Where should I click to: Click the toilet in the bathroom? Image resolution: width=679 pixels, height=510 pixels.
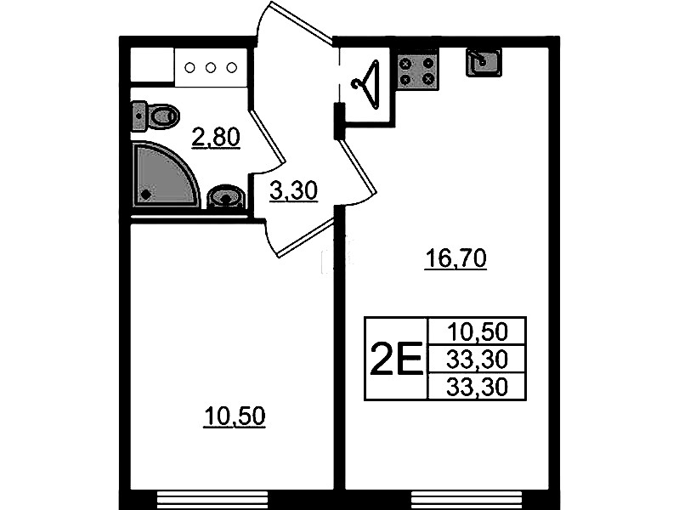(155, 116)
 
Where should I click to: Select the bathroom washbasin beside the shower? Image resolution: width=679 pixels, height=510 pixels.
(226, 197)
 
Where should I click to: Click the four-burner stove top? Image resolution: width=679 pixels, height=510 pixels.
(417, 71)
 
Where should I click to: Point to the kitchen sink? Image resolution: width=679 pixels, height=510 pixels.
(484, 62)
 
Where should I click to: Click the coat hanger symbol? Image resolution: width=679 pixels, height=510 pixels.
(367, 84)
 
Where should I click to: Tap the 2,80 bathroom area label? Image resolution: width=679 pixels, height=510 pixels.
(216, 139)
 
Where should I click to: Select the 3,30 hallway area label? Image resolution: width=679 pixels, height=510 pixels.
(293, 191)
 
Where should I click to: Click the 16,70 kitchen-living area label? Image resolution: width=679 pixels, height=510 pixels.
(456, 258)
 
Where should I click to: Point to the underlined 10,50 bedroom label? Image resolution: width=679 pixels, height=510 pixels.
(235, 416)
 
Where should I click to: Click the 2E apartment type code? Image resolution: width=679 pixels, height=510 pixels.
(396, 359)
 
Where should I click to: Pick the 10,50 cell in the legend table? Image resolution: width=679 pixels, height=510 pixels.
(477, 331)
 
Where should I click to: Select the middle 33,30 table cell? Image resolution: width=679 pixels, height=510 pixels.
(477, 359)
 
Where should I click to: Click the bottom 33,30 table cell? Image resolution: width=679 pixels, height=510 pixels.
(477, 386)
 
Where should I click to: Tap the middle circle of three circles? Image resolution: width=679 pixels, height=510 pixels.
(211, 68)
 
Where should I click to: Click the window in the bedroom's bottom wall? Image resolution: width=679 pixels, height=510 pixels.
(213, 500)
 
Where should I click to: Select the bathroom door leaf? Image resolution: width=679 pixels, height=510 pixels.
(268, 138)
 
